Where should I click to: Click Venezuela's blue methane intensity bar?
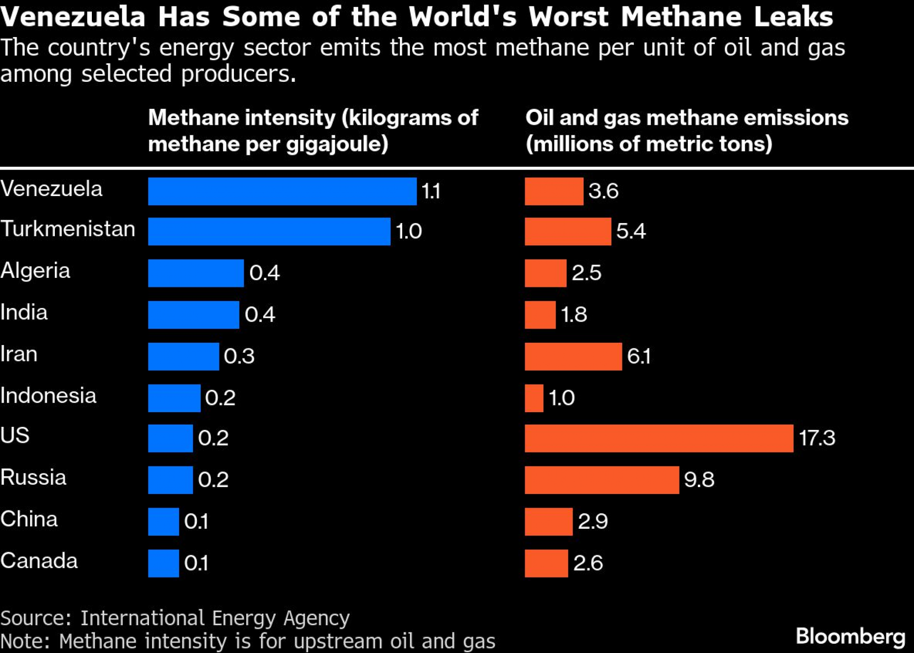(x=282, y=191)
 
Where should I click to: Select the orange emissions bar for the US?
(x=659, y=438)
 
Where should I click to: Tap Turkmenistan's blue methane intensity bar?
(x=269, y=231)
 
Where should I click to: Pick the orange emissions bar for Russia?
(x=601, y=480)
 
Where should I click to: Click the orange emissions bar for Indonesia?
(x=534, y=398)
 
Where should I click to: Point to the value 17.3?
(x=817, y=438)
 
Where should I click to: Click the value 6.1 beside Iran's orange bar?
(x=638, y=356)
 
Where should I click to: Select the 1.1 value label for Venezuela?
(x=430, y=191)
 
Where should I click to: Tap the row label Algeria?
(x=35, y=271)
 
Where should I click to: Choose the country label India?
(x=24, y=313)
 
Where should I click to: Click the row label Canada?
(x=39, y=561)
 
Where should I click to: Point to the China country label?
(x=29, y=519)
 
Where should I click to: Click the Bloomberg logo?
(x=850, y=637)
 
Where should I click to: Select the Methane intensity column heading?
(x=313, y=131)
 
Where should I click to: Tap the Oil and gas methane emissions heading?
(x=686, y=131)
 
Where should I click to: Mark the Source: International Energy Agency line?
(x=175, y=618)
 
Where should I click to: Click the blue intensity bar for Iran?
(x=183, y=356)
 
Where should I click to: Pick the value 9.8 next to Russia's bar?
(x=699, y=480)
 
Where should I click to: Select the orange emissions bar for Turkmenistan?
(x=568, y=231)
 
